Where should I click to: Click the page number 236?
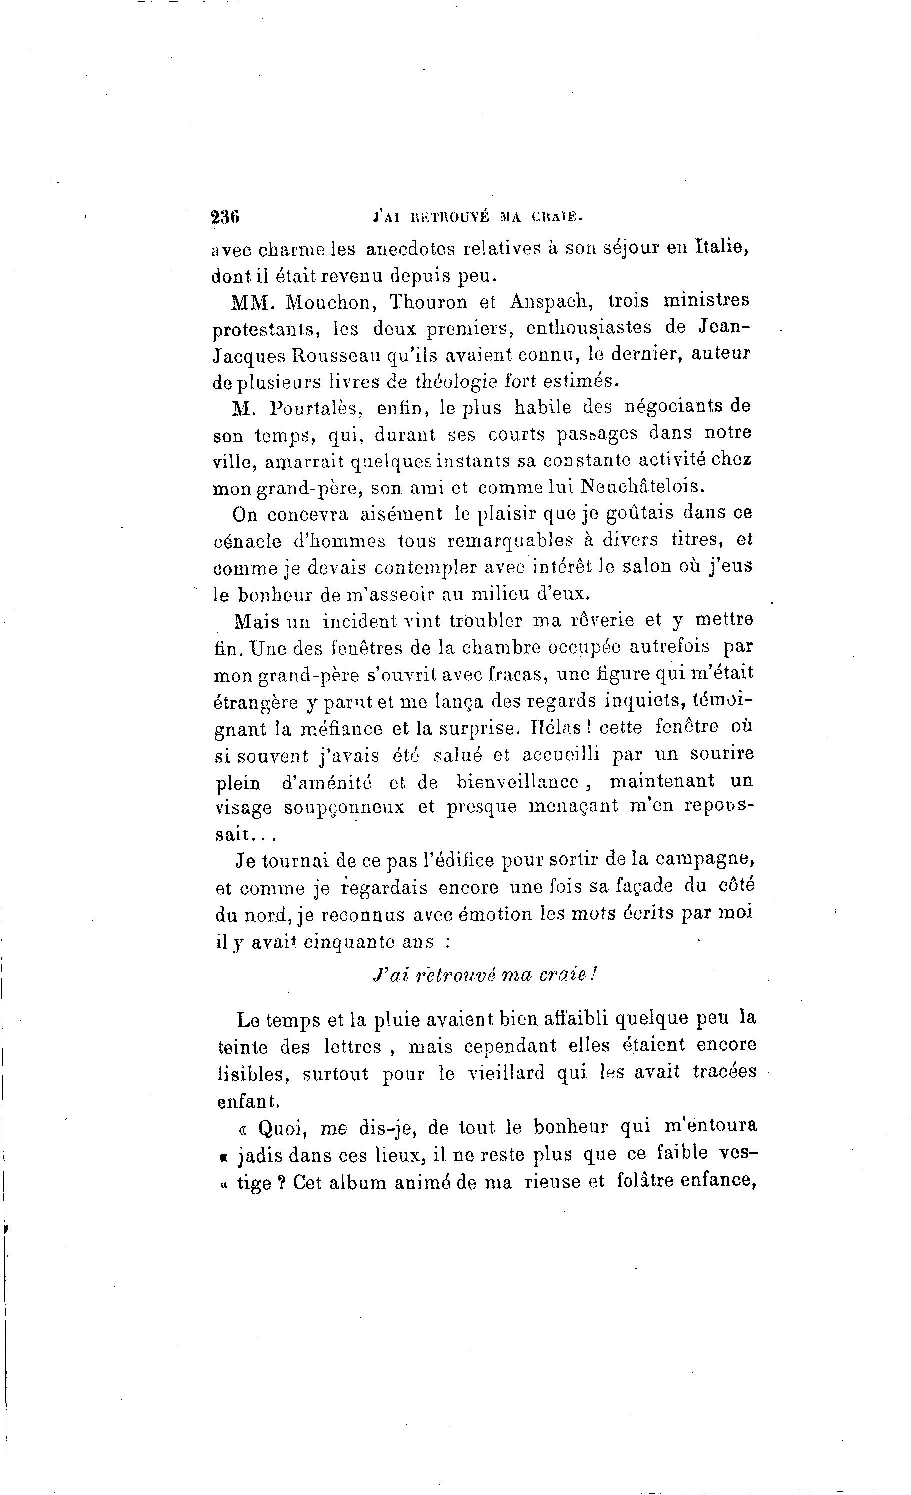225,217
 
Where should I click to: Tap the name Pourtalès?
316,408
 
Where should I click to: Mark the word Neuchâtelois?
643,487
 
